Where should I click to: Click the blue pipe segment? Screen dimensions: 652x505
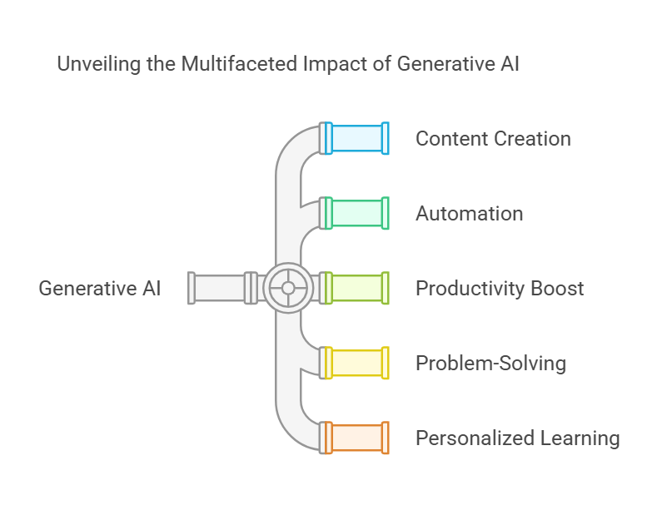(x=356, y=138)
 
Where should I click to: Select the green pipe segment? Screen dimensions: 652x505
(x=356, y=213)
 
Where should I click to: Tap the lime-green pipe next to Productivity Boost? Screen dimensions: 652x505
(x=356, y=288)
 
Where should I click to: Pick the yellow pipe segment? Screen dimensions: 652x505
(x=356, y=363)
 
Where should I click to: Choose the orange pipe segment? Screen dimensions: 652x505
(x=356, y=438)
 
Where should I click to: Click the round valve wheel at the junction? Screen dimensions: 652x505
(x=288, y=288)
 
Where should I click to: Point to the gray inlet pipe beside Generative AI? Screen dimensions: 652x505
(x=223, y=288)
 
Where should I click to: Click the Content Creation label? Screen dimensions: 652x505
(x=493, y=139)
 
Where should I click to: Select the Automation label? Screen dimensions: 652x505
(x=470, y=214)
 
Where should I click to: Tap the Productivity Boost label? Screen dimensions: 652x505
(x=500, y=288)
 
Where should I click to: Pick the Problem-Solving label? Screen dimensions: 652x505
(x=491, y=364)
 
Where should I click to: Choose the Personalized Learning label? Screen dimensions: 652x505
(x=518, y=438)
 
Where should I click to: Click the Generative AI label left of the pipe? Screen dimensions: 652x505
(x=100, y=288)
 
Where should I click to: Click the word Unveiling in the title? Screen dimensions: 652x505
(x=99, y=64)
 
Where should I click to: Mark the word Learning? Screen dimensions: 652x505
(x=580, y=438)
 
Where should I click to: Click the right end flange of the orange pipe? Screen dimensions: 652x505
(x=386, y=438)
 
